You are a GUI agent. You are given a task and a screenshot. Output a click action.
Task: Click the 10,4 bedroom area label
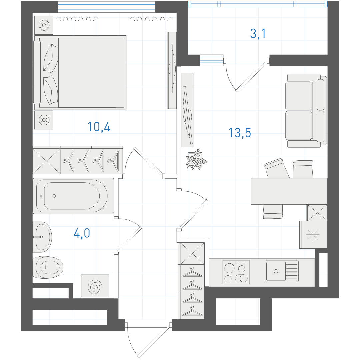pyautogui.click(x=99, y=127)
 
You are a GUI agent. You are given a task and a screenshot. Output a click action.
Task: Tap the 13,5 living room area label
pyautogui.click(x=239, y=133)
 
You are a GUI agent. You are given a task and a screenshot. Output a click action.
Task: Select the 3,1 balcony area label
pyautogui.click(x=258, y=34)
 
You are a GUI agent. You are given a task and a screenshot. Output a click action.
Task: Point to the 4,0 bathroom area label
pyautogui.click(x=82, y=233)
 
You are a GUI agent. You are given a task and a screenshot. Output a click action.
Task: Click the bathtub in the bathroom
pyautogui.click(x=73, y=196)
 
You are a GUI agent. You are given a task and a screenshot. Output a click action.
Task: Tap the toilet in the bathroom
pyautogui.click(x=48, y=267)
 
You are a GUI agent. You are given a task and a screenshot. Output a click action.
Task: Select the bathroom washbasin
pyautogui.click(x=42, y=237)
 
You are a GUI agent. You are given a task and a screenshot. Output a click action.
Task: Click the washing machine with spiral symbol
pyautogui.click(x=95, y=286)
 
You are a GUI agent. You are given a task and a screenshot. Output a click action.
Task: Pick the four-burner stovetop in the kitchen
pyautogui.click(x=236, y=272)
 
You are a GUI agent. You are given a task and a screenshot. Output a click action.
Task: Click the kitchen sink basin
pyautogui.click(x=282, y=271)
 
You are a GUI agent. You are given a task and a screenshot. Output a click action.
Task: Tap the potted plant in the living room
pyautogui.click(x=196, y=159)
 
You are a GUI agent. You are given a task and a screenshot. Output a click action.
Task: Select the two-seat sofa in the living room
pyautogui.click(x=306, y=110)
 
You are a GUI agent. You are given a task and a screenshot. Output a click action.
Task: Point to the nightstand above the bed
pyautogui.click(x=44, y=25)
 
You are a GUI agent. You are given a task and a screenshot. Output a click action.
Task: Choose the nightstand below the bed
pyautogui.click(x=44, y=120)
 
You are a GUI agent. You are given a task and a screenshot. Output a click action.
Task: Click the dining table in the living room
pyautogui.click(x=289, y=191)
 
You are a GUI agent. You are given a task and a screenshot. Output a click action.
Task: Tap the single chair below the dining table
pyautogui.click(x=273, y=211)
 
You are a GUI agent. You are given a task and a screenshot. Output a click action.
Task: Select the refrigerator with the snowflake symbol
pyautogui.click(x=313, y=235)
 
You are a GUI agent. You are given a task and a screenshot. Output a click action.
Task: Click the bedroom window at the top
pyautogui.click(x=106, y=7)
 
